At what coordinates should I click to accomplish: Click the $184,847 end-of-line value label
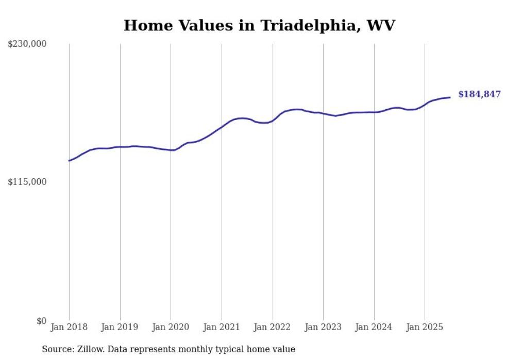point(479,94)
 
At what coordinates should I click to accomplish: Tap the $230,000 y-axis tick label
point(27,44)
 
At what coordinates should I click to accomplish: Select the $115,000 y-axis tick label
point(27,182)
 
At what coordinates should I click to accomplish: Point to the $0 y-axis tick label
point(41,321)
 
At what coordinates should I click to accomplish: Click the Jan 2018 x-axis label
point(69,327)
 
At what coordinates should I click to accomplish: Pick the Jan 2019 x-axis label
point(120,327)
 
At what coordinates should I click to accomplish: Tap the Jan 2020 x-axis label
point(171,327)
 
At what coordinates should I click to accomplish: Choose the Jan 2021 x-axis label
point(222,327)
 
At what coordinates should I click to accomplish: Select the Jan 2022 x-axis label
point(273,327)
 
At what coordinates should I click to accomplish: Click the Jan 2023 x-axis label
point(323,327)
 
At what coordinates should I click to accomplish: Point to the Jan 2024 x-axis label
point(374,327)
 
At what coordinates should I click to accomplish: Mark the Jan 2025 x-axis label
point(425,327)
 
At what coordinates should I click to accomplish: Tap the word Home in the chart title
point(145,26)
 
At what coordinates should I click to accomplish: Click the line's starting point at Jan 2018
point(69,161)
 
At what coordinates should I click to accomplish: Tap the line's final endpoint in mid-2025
point(450,97)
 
